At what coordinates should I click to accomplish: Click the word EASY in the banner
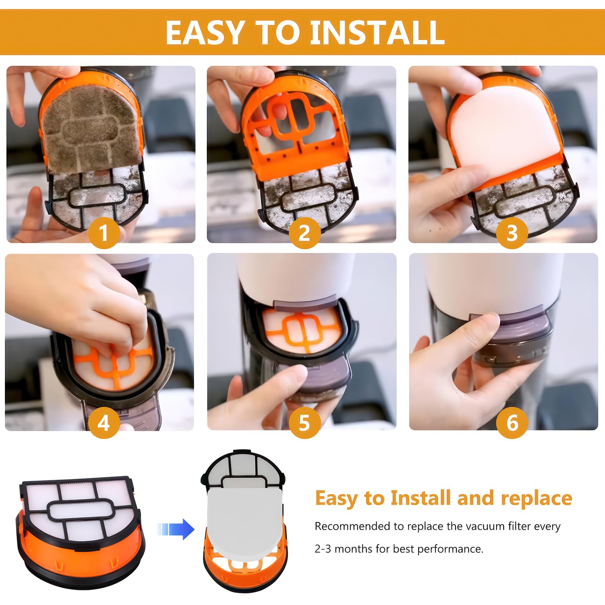[205, 33]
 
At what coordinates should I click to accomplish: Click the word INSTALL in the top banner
[377, 33]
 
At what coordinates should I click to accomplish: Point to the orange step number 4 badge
[104, 423]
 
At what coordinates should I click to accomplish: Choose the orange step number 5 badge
[305, 423]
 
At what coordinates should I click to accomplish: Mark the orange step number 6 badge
[512, 423]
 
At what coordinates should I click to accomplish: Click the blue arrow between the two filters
[176, 529]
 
